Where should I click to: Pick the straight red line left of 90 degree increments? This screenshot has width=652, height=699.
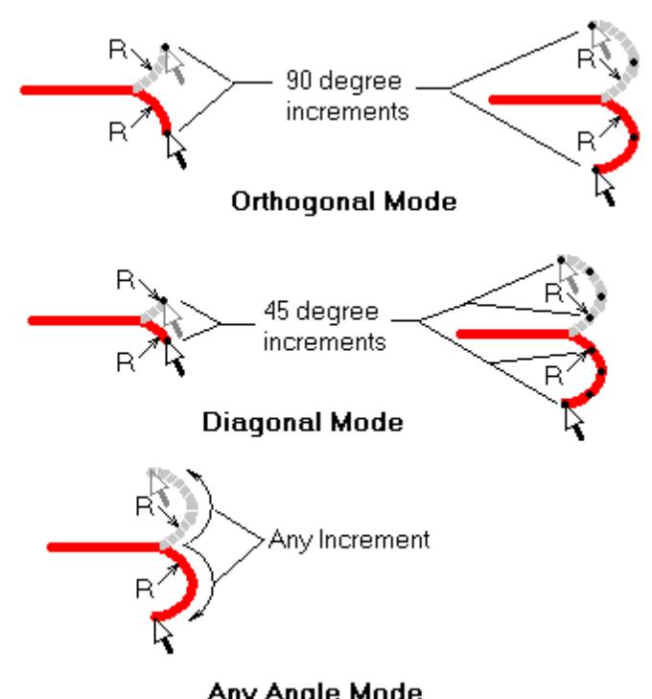(77, 90)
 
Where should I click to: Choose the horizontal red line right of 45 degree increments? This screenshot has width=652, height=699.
(513, 333)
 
